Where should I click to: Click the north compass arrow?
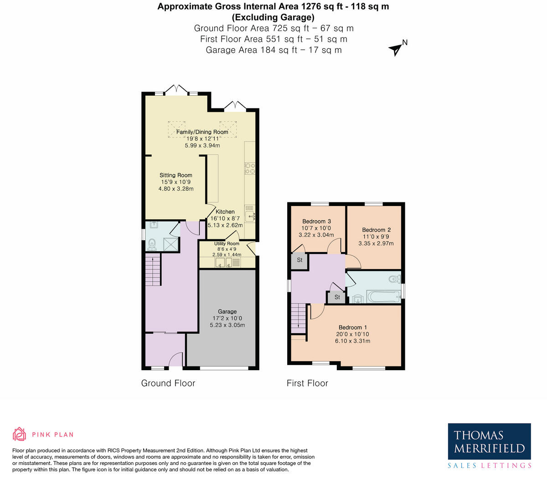click(x=395, y=49)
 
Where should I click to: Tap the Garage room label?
click(x=227, y=312)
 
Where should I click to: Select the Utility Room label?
click(x=227, y=244)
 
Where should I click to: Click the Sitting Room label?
click(x=175, y=175)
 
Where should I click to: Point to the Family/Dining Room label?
click(x=202, y=132)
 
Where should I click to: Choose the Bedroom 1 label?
click(x=352, y=327)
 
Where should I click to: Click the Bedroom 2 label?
click(x=376, y=230)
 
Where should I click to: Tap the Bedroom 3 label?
click(x=316, y=222)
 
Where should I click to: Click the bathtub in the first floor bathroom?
click(x=383, y=297)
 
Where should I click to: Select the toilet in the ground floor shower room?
click(x=152, y=245)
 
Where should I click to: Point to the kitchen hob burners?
click(x=250, y=169)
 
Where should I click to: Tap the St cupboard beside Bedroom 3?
click(x=299, y=260)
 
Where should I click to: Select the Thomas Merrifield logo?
click(x=489, y=446)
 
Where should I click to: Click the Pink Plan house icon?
click(x=19, y=434)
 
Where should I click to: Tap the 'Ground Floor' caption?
click(x=168, y=383)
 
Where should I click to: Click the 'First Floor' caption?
click(x=307, y=383)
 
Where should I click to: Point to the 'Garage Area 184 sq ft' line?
click(x=273, y=50)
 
